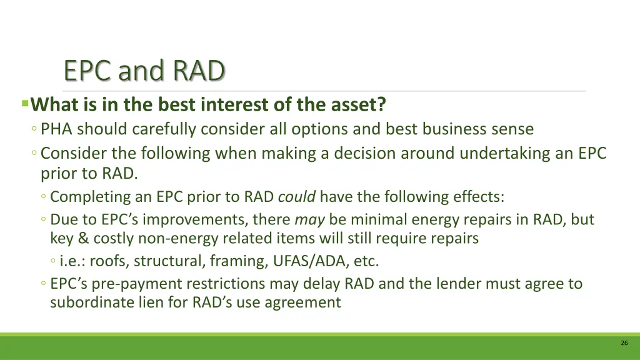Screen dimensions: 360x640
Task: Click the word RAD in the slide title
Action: tap(199, 71)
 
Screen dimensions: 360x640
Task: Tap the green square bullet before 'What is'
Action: tap(25, 102)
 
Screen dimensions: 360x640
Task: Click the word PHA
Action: tap(57, 129)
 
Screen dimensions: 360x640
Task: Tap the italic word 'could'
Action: tap(297, 197)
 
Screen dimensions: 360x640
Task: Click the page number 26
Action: tap(624, 343)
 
